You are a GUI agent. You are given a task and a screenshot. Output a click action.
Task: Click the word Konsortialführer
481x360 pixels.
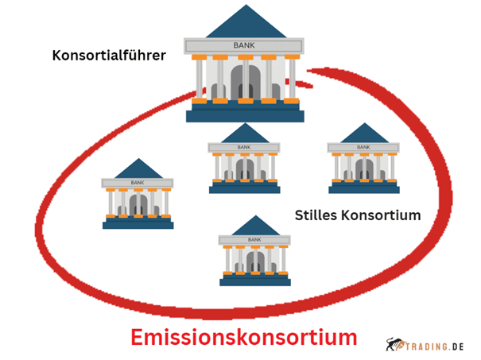point(109,56)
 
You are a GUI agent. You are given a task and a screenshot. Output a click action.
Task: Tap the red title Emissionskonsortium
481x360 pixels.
point(244,337)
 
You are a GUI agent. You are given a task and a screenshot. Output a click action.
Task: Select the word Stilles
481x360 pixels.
point(316,215)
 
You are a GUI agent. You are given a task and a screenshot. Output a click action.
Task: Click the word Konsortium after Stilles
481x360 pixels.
point(382,215)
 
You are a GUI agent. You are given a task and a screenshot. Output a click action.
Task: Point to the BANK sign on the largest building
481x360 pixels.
point(244,45)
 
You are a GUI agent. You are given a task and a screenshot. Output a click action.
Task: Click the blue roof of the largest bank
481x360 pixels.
point(246,21)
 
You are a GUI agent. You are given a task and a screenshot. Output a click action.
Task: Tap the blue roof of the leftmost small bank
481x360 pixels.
point(138,168)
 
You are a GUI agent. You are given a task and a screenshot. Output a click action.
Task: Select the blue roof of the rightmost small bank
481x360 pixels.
point(364,133)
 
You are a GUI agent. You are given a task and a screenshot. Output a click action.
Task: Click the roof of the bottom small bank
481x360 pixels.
point(255,226)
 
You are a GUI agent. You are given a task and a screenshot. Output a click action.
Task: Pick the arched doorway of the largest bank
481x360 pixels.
point(246,82)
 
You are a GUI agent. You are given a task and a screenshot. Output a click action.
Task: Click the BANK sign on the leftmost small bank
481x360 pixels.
point(138,183)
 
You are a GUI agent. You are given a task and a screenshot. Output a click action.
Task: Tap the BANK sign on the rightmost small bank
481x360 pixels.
point(363,147)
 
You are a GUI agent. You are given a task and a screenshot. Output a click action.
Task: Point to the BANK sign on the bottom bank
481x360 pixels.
point(254,239)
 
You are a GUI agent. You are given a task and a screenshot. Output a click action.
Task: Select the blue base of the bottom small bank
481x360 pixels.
point(255,281)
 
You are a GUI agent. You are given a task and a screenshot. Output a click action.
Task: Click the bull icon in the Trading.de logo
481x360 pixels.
point(395,344)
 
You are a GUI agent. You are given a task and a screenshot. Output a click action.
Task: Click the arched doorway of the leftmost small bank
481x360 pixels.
point(138,205)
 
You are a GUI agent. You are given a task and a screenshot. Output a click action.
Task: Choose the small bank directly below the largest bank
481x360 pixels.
point(244,158)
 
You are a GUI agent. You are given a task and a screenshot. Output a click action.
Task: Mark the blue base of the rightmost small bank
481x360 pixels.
point(364,188)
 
